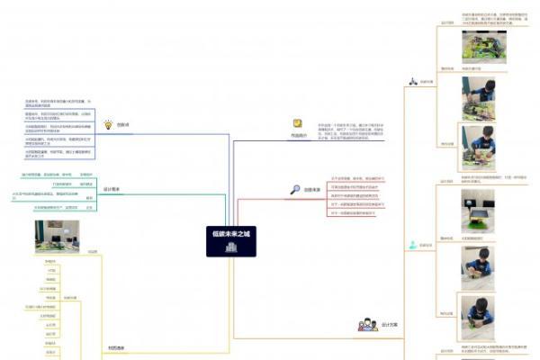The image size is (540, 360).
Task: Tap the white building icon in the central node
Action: pos(232,247)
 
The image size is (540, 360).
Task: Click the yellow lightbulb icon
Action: pos(108,125)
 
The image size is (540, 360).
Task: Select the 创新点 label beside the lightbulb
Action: pos(123,125)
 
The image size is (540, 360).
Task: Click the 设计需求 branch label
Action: pos(112,190)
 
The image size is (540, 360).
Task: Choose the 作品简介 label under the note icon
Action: pos(298,136)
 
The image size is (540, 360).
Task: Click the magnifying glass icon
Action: pos(295,190)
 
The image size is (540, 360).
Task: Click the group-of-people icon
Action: pos(366,324)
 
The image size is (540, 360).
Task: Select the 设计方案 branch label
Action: pos(390,324)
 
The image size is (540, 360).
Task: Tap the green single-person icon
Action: pos(412,244)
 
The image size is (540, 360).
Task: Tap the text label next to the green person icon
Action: pos(427,245)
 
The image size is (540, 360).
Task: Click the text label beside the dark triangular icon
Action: pos(427,82)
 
